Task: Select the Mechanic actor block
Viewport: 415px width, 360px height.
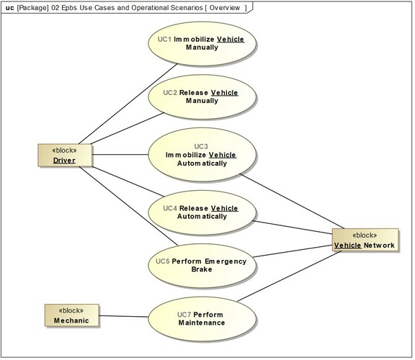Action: tap(71, 315)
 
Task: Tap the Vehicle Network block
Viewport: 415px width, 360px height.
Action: tap(365, 240)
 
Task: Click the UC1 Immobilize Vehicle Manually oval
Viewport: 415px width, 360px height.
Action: tap(202, 42)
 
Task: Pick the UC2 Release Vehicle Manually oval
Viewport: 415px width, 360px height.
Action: tap(202, 96)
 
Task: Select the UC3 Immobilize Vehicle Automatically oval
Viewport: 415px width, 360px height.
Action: tap(202, 154)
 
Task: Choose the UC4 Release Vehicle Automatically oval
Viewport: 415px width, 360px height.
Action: tap(202, 212)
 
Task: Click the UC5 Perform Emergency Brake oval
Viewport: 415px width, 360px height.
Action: tap(202, 264)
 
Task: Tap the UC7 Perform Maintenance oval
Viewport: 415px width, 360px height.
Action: tap(202, 318)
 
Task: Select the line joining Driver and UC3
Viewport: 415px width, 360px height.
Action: tap(120, 154)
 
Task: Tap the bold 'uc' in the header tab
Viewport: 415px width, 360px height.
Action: tap(9, 7)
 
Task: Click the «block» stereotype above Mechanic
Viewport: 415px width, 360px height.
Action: tap(71, 310)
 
